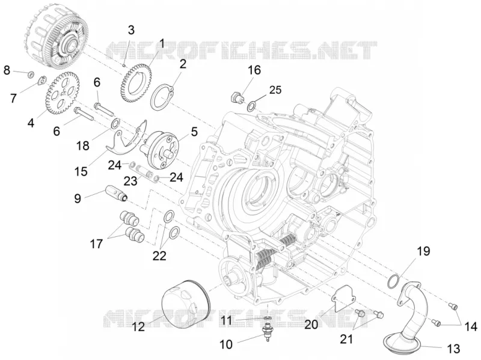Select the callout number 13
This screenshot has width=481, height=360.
tap(453, 349)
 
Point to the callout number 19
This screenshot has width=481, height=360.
tap(423, 251)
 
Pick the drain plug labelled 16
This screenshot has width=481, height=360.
tap(237, 97)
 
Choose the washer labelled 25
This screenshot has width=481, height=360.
tap(251, 106)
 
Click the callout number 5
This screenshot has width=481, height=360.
tap(194, 132)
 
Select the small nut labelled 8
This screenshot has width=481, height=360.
tap(31, 74)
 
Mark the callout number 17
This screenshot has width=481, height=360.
tap(96, 244)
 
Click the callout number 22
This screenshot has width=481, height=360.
tap(159, 255)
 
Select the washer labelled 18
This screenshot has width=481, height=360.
tap(115, 124)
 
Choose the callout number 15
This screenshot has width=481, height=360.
tap(81, 171)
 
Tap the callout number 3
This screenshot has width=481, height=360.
tap(131, 31)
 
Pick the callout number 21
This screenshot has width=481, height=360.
tap(346, 339)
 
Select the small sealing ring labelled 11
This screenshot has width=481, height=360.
tap(268, 317)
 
